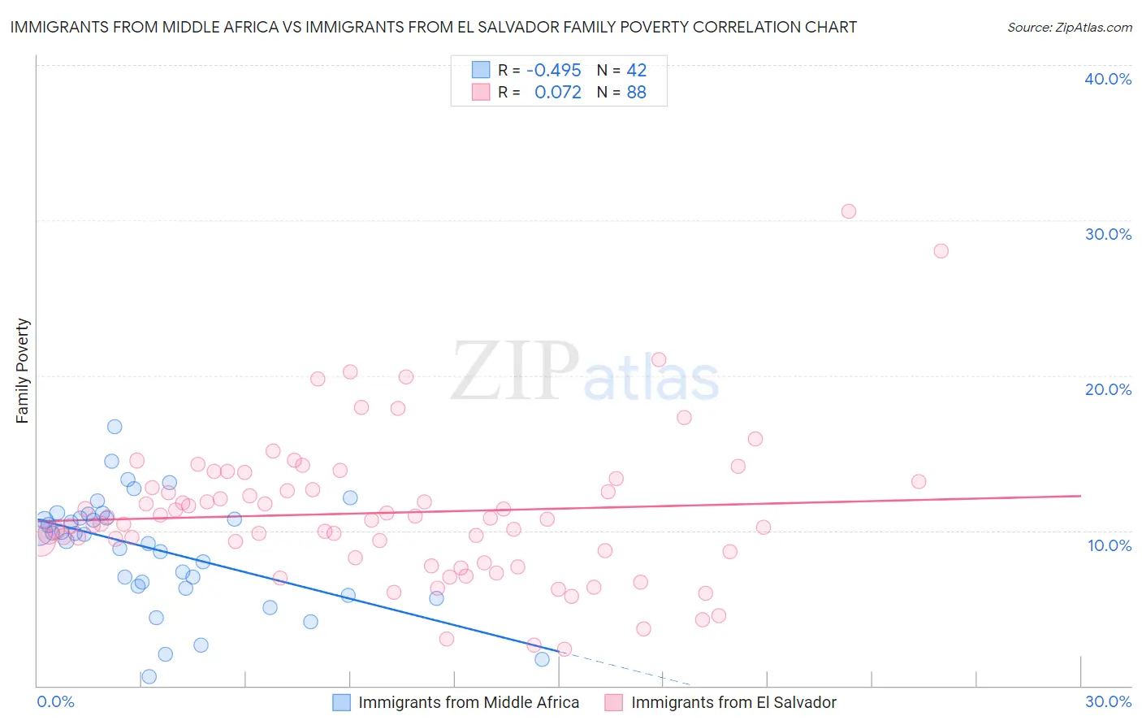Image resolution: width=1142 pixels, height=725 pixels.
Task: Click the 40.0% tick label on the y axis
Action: (x=1107, y=79)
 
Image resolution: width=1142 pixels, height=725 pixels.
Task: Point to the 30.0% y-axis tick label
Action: (x=1107, y=234)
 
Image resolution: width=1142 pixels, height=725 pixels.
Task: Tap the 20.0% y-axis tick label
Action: (x=1107, y=389)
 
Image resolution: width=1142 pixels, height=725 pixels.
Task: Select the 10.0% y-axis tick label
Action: (x=1109, y=545)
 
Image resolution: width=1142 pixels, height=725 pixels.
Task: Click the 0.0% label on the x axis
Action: (x=55, y=701)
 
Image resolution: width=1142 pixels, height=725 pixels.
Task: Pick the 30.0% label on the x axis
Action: (x=1108, y=701)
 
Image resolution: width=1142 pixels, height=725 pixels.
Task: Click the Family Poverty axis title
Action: (x=23, y=371)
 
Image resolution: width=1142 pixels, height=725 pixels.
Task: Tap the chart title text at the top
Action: (x=433, y=27)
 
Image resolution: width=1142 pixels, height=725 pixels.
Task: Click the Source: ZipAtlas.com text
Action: (x=1069, y=27)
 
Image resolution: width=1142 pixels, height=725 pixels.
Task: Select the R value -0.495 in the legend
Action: (x=553, y=70)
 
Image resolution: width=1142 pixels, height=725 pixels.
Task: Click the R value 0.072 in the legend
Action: (x=557, y=92)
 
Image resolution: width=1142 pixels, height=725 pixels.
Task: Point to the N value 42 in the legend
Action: (x=636, y=70)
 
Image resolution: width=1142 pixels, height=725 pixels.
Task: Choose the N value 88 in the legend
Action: (x=636, y=92)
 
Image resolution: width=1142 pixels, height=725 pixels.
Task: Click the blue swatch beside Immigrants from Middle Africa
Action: (x=341, y=702)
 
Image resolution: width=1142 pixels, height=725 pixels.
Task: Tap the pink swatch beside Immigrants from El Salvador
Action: (x=614, y=702)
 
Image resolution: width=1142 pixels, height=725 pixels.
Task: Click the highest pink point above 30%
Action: (x=849, y=211)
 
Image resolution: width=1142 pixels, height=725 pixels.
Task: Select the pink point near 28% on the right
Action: (x=941, y=250)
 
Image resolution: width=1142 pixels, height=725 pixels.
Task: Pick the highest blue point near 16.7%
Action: (x=115, y=427)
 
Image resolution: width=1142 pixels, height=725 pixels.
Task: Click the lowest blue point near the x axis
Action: (x=149, y=676)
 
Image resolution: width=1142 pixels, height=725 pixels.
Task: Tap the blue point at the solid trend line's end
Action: (x=542, y=659)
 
